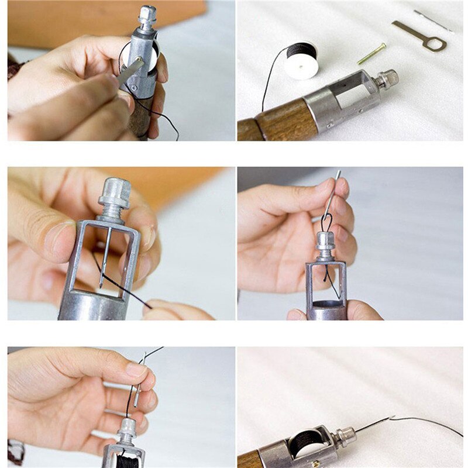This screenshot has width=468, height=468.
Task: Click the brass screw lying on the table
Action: (x=371, y=54)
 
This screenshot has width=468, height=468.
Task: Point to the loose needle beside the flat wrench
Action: (x=433, y=20)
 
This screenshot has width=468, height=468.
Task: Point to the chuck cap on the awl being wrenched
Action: (x=147, y=18)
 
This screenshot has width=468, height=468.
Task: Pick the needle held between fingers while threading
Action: (x=139, y=380)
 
